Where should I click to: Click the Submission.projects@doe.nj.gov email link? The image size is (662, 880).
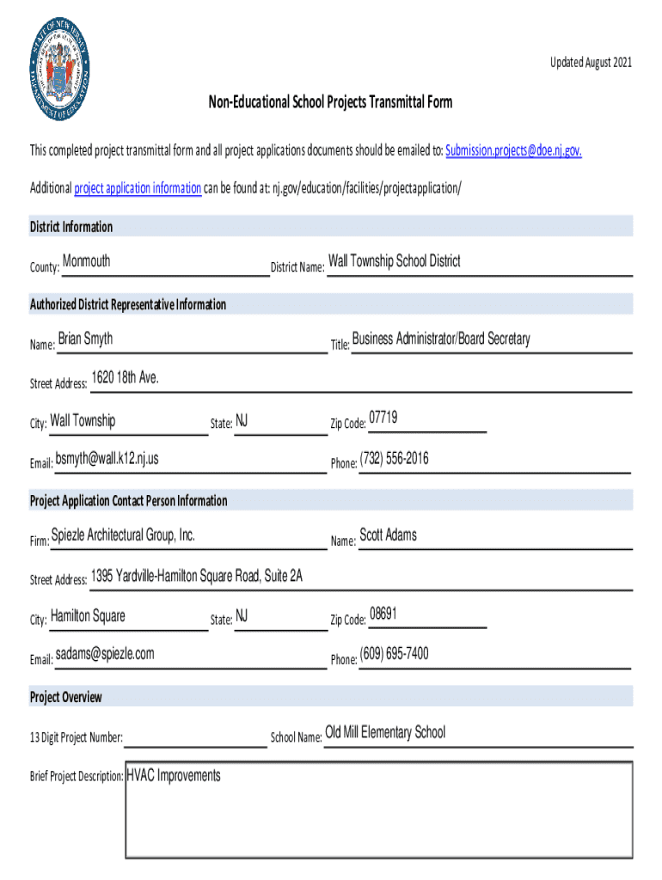coord(514,150)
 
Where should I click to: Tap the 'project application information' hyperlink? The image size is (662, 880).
coord(138,188)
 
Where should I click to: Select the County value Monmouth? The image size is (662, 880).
coord(86,261)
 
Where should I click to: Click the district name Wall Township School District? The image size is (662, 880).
coord(394,261)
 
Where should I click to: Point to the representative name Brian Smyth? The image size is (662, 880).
coord(85,339)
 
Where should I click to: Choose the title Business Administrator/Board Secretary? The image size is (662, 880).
coord(441,339)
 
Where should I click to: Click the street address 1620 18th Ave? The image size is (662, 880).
coord(125,379)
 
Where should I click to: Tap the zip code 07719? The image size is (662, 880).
coord(383,418)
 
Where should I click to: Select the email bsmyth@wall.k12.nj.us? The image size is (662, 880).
coord(107,459)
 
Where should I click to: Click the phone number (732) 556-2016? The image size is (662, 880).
coord(394,459)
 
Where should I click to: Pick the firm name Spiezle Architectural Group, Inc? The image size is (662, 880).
coord(123,535)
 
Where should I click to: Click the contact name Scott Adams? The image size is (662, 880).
coord(388,535)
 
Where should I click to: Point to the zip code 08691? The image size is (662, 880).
coord(383,614)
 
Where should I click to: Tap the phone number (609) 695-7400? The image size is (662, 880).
coord(394,654)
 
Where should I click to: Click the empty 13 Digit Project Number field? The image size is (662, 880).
coord(195,736)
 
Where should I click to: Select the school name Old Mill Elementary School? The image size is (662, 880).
coord(385,732)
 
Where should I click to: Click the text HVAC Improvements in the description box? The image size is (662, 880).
coord(174,776)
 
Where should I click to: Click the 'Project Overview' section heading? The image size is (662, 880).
coord(66,697)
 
